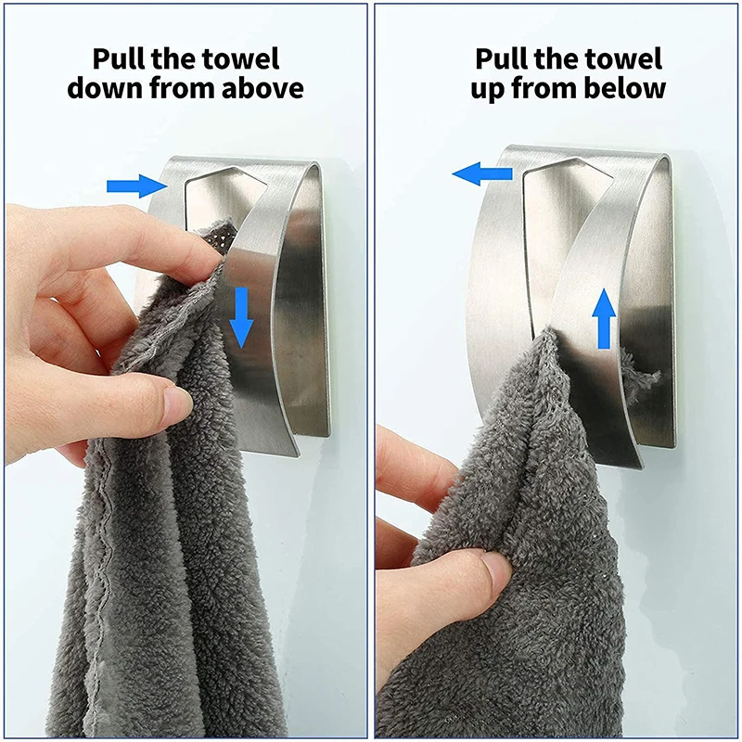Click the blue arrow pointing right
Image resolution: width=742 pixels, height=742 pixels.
pos(135,186)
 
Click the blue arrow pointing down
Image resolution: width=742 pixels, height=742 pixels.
pos(241,316)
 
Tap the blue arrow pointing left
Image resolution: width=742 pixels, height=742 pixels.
pos(481,173)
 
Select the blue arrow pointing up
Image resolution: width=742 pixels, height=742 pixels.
pos(604,317)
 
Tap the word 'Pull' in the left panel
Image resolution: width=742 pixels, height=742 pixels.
pos(120,58)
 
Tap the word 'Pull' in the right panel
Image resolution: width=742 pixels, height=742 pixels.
pos(504,58)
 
